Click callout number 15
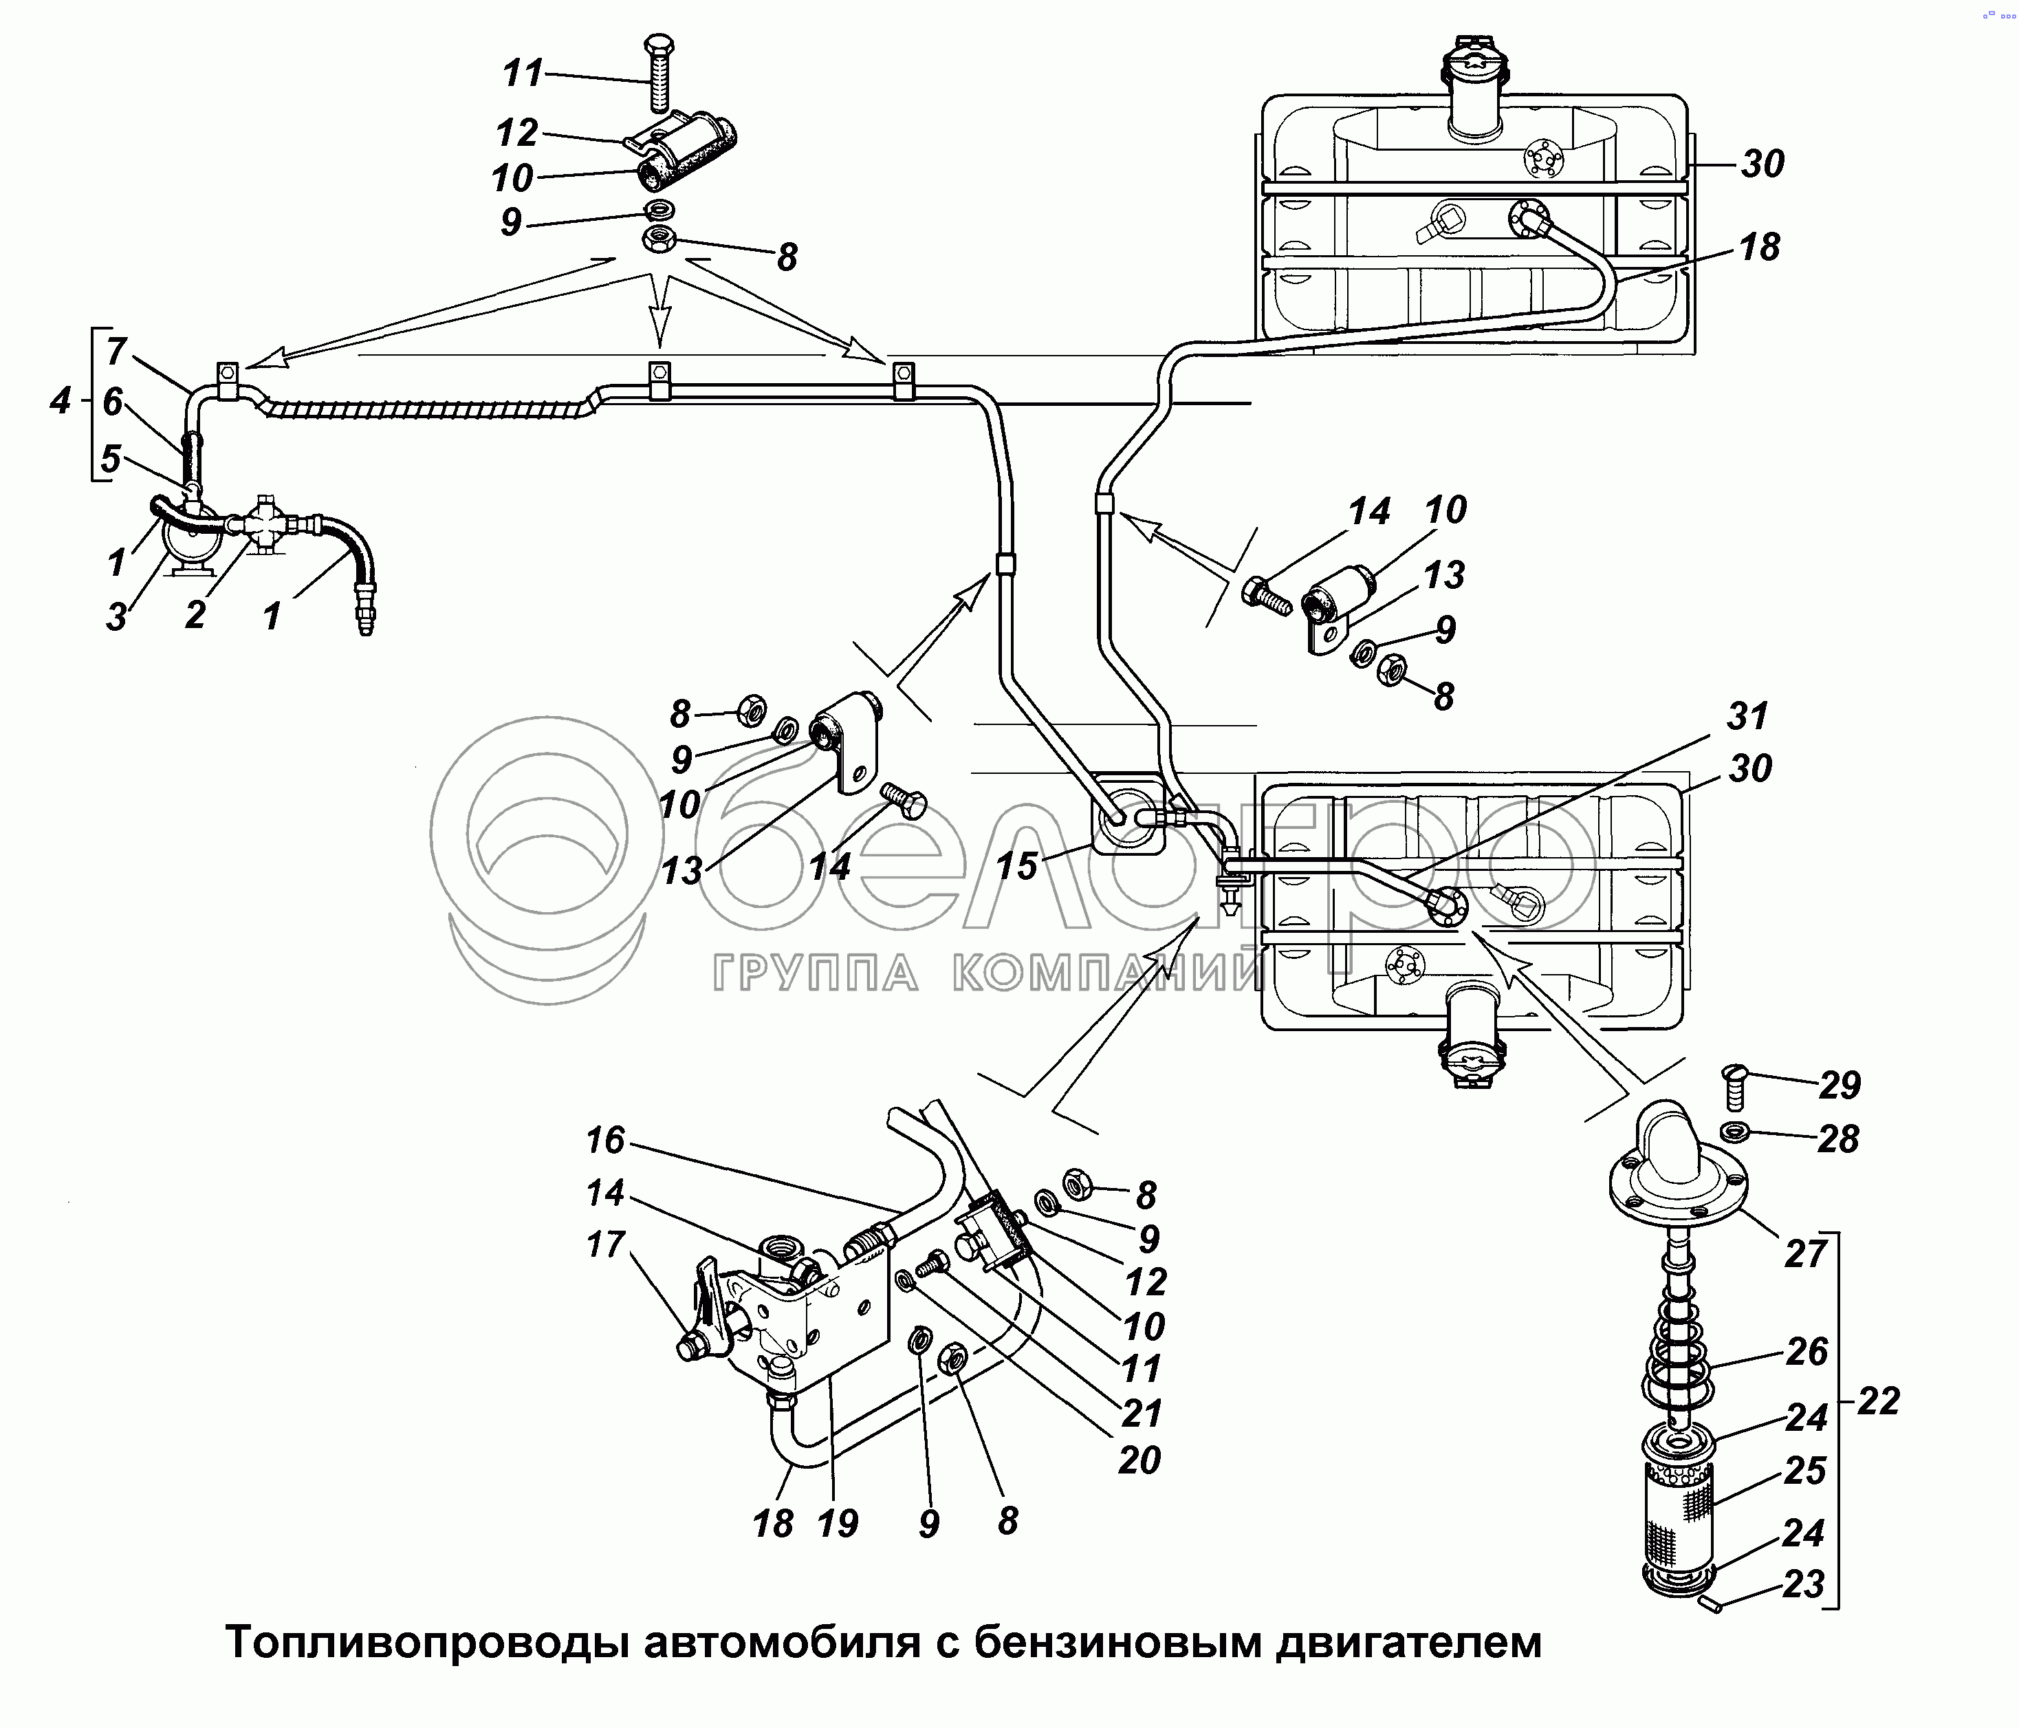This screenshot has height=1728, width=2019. pyautogui.click(x=1016, y=865)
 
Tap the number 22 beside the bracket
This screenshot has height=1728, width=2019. pyautogui.click(x=1878, y=1401)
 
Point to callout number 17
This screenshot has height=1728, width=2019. pyautogui.click(x=605, y=1244)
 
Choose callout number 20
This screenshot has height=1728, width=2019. pyautogui.click(x=1139, y=1460)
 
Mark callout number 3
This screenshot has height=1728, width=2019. pyautogui.click(x=116, y=616)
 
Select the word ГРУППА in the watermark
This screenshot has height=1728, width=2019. pyautogui.click(x=816, y=973)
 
